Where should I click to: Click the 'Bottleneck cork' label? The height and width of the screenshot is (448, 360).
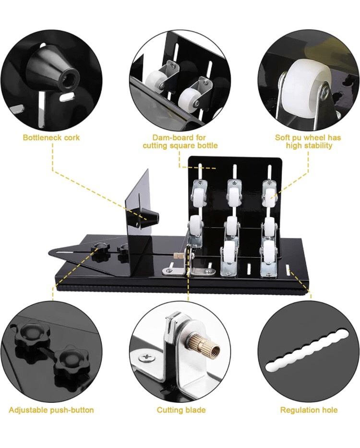51,137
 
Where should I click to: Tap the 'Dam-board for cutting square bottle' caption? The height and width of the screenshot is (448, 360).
180,142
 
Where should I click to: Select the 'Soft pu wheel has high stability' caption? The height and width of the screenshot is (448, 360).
308,142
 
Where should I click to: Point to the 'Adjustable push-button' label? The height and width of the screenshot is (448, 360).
51,410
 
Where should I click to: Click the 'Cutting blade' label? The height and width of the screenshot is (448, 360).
181,410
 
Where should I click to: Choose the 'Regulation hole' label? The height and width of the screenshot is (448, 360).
309,410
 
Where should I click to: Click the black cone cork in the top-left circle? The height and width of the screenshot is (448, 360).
54,70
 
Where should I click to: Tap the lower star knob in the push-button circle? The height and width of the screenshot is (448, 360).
70,359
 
